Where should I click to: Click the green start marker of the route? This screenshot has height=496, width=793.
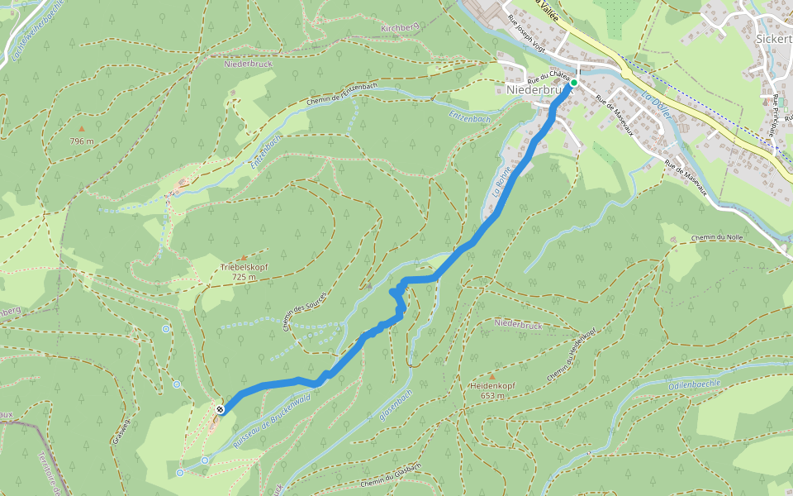[574, 83]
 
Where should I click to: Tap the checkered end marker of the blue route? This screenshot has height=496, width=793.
[221, 409]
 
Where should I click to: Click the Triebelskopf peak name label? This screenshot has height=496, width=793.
[244, 268]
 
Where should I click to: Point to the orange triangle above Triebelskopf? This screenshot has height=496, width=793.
[243, 257]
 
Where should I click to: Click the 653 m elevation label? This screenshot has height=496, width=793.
[492, 396]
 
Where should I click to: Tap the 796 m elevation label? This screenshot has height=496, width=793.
[81, 141]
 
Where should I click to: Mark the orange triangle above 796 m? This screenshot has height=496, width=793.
[81, 129]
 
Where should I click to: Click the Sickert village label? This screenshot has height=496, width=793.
[775, 38]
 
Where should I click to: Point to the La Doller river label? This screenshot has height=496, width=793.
[656, 105]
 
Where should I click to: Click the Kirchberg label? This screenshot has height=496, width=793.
[400, 28]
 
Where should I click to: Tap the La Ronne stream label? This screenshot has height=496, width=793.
[500, 183]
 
